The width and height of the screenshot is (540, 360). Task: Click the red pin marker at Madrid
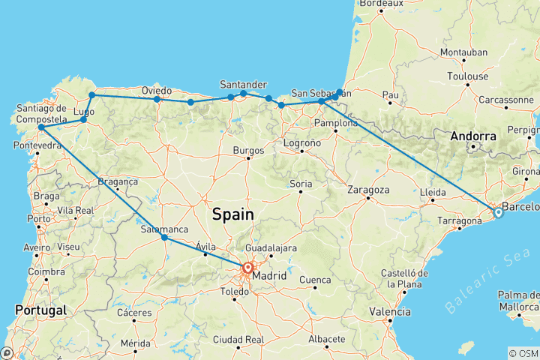tap(247, 266)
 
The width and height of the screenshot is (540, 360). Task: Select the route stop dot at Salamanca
tap(164, 238)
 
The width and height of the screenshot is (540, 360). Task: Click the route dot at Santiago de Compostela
tap(40, 127)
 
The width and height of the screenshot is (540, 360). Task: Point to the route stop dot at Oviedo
tap(157, 99)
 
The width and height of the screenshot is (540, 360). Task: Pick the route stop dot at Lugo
tap(84, 120)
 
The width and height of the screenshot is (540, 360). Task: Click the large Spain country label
tap(232, 214)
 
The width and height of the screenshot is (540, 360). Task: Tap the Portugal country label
tap(42, 310)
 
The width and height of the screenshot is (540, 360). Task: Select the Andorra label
tap(473, 136)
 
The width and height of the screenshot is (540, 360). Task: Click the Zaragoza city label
tap(368, 190)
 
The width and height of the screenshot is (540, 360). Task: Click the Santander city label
tap(244, 83)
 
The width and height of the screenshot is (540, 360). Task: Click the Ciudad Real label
tap(238, 339)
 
